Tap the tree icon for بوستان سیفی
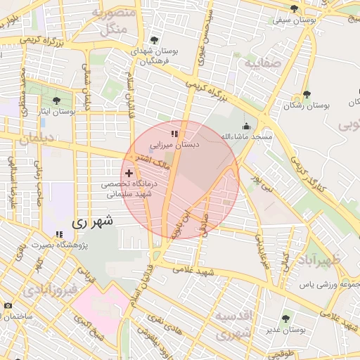point(294,8)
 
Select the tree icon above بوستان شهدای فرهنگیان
point(154,40)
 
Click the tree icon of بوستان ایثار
point(56,101)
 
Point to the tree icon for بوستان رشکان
point(306,94)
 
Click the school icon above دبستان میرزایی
point(174,132)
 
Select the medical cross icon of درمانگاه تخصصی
point(129,172)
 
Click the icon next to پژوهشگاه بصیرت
point(58,234)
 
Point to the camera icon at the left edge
point(8,306)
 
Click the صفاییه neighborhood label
point(262,63)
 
